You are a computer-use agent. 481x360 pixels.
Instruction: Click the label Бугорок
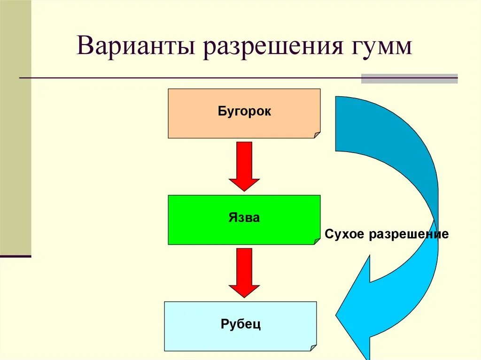(x=244, y=112)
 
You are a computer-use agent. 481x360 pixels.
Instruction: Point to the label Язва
(x=244, y=218)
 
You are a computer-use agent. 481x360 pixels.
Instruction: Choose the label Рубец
(x=240, y=324)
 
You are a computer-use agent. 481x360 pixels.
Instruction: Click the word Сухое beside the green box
(x=344, y=234)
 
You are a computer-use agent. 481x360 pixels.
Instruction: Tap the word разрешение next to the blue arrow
(x=409, y=234)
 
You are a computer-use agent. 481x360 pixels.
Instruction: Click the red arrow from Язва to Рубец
(x=244, y=272)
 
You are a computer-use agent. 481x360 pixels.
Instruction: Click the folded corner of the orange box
(x=317, y=135)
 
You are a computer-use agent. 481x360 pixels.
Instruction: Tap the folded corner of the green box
(x=317, y=241)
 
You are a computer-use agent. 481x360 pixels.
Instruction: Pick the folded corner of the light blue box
(x=313, y=348)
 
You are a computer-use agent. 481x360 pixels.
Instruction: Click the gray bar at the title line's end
(x=409, y=78)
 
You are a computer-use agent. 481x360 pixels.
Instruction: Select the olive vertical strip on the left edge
(x=15, y=127)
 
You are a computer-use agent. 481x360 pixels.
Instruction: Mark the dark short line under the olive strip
(x=15, y=256)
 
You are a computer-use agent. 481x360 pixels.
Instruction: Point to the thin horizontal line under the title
(x=188, y=77)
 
